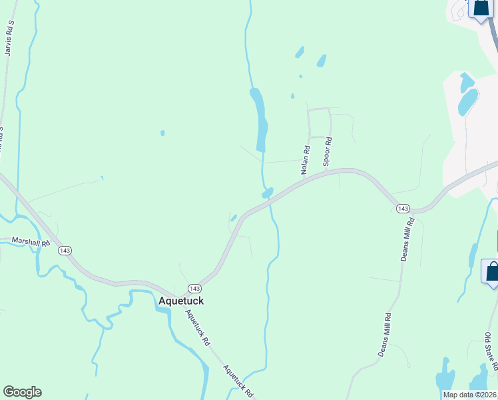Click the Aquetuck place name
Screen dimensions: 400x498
(180, 301)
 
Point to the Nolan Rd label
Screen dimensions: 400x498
(306, 160)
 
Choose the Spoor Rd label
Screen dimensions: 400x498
(327, 151)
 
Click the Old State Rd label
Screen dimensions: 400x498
(491, 353)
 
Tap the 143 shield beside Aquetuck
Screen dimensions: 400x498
(194, 288)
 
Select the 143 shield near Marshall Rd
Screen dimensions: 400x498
(65, 250)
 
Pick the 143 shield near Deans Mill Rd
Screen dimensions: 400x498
(402, 209)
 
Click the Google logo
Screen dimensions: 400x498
(22, 392)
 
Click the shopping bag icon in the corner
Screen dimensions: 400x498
(479, 8)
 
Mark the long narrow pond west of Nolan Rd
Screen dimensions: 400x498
(259, 117)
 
